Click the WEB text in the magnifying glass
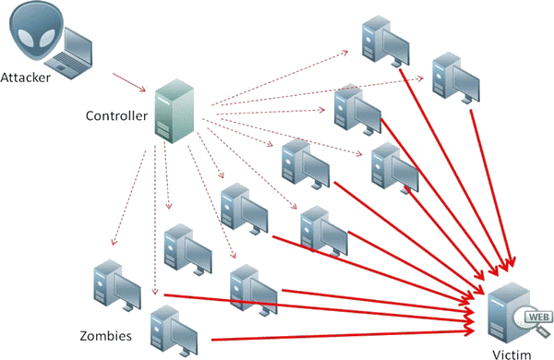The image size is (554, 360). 535,318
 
